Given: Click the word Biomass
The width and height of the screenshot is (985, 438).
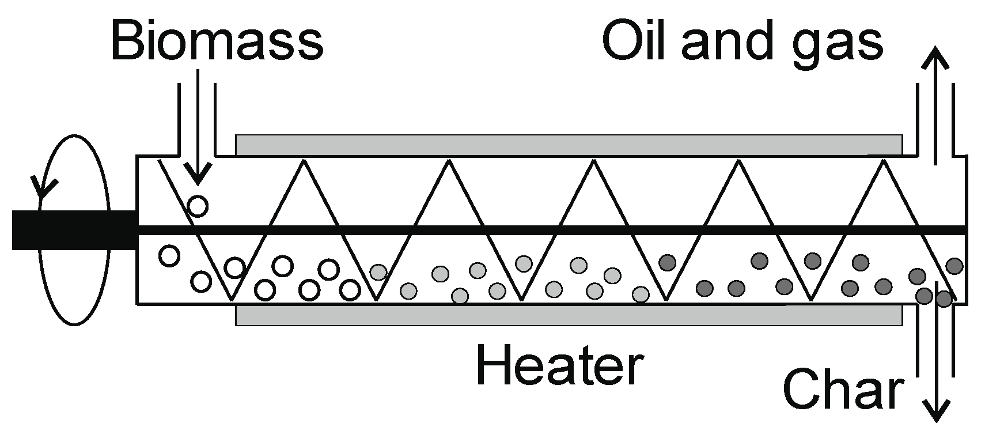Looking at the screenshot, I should (x=217, y=41).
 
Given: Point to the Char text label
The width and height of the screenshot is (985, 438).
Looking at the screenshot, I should (x=842, y=390).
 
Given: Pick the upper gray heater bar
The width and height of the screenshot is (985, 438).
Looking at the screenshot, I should (x=569, y=145).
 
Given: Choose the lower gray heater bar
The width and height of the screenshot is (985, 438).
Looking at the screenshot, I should (x=569, y=315).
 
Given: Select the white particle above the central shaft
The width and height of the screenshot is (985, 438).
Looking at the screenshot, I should (x=198, y=206).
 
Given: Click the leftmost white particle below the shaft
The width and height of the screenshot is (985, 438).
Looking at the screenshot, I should (x=169, y=255).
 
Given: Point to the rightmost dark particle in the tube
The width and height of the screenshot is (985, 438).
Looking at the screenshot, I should (x=954, y=266).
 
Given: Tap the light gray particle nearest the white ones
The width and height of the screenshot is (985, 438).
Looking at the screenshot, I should (x=378, y=272).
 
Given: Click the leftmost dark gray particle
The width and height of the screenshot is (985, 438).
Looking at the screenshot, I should (x=667, y=263).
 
